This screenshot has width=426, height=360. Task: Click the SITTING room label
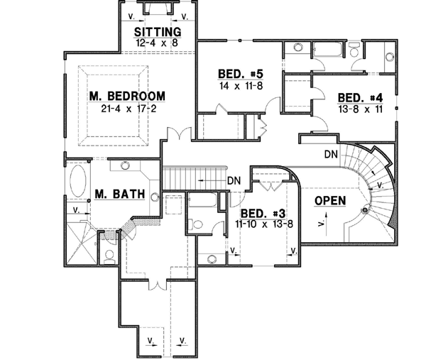click(158, 32)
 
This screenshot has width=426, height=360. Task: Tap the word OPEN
click(330, 200)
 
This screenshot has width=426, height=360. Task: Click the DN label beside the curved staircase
click(330, 153)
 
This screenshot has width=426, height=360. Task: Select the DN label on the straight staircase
click(235, 181)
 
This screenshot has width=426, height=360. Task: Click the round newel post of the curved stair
click(365, 209)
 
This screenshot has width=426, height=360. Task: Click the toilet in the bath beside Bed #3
click(200, 224)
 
